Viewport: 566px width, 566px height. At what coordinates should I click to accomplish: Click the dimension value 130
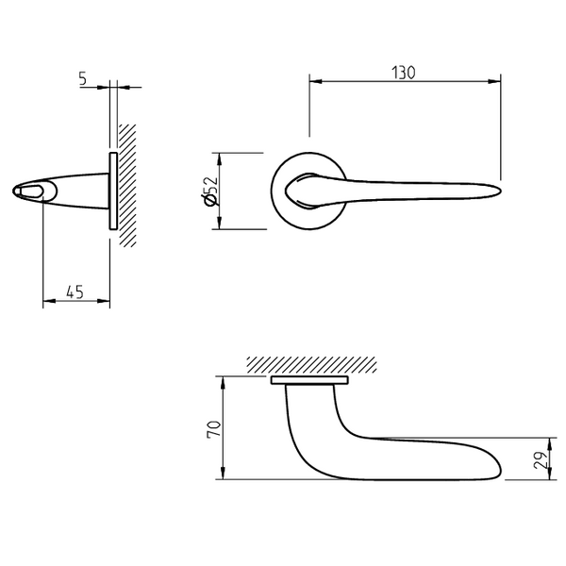point(404,73)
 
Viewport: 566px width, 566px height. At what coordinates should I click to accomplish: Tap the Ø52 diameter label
point(210,191)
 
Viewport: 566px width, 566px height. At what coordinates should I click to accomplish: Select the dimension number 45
point(75,291)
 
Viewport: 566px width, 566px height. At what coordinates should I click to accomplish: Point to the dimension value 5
point(83,78)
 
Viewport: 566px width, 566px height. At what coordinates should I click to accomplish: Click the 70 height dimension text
point(213,429)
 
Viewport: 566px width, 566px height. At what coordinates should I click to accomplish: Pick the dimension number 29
point(541,460)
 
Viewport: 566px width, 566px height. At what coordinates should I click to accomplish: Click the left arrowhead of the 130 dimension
point(315,81)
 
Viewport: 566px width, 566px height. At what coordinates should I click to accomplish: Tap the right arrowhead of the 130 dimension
point(494,81)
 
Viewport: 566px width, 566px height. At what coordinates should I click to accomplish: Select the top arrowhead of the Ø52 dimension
point(220,158)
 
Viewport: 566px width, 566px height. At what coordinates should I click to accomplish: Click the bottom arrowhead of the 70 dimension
point(223,474)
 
